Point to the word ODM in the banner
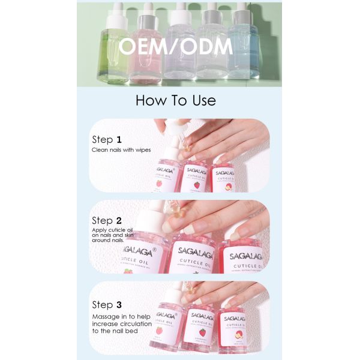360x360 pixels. click(x=207, y=47)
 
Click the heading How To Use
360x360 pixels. click(x=175, y=100)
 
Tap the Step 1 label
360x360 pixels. click(x=111, y=139)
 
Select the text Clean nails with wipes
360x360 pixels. click(x=121, y=150)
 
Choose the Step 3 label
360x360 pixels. click(x=111, y=305)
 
